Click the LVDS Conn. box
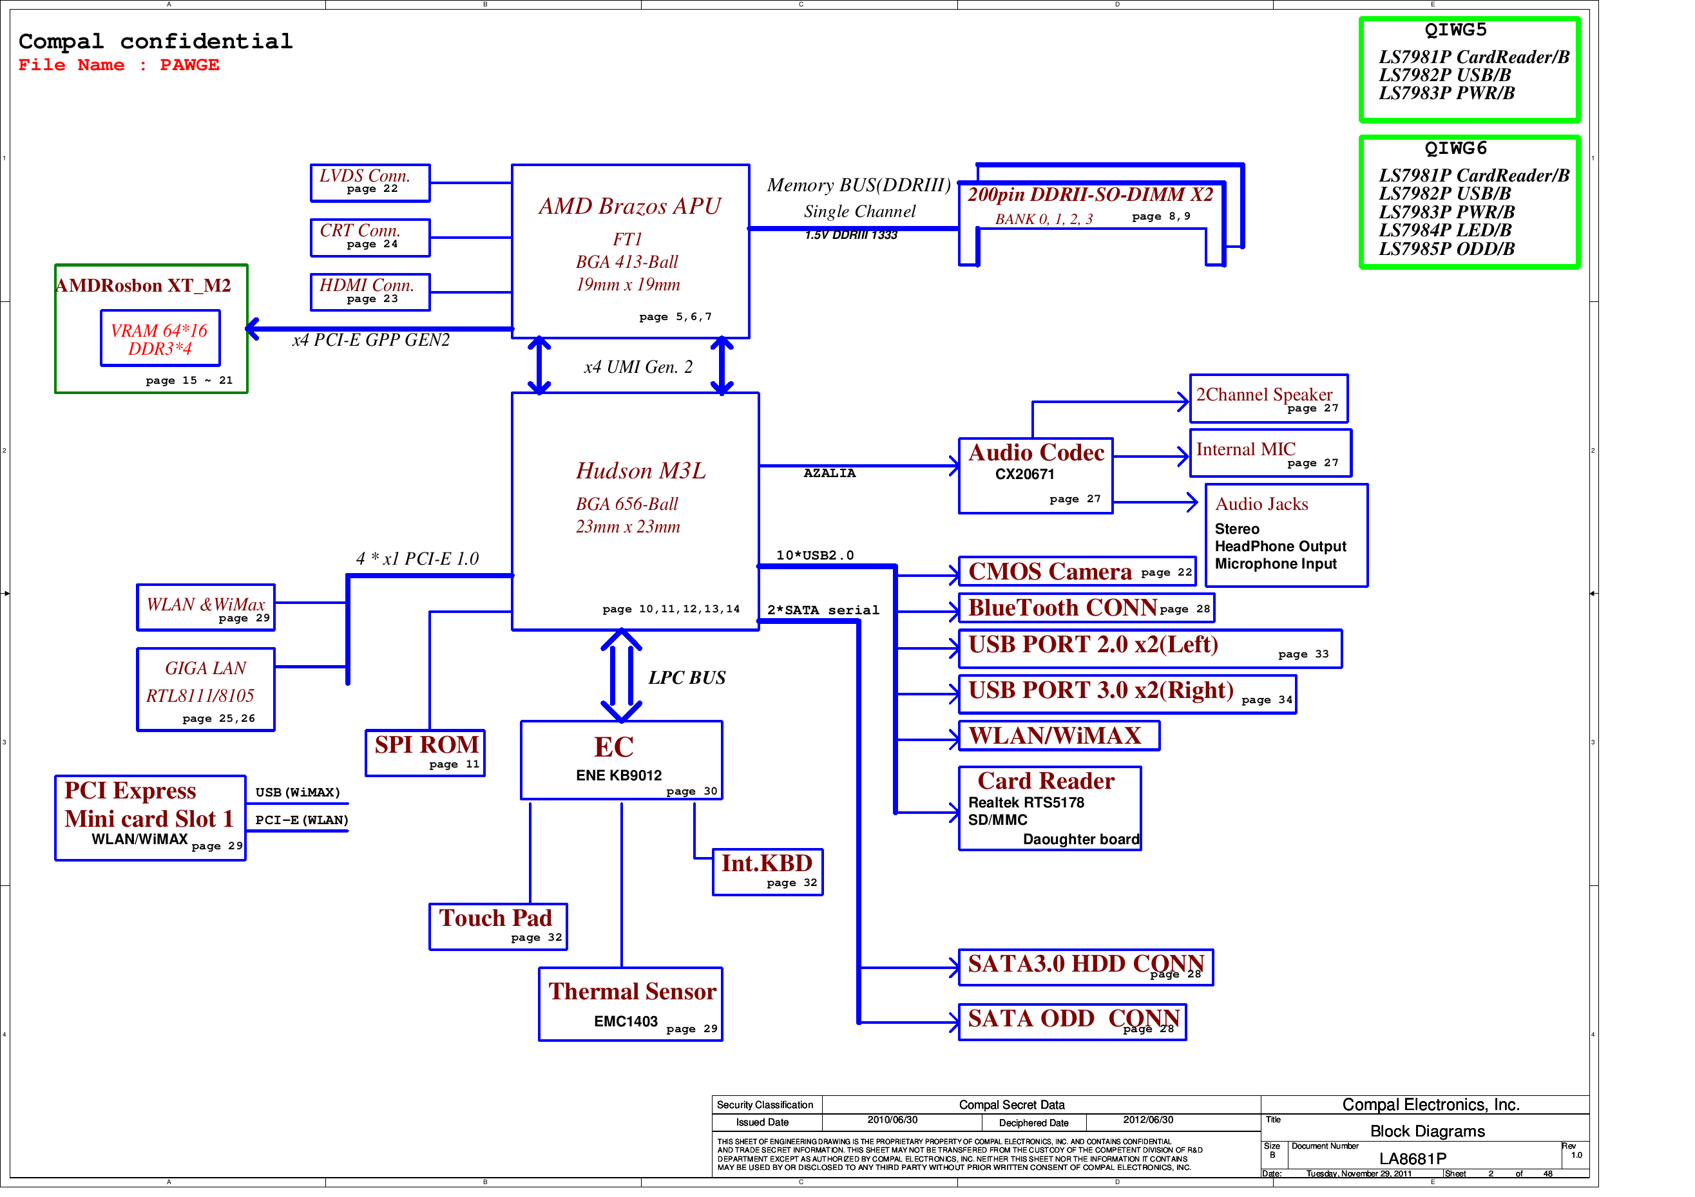tap(370, 183)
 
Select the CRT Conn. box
tap(370, 238)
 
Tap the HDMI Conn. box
tap(370, 292)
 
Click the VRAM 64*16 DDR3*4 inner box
tap(160, 339)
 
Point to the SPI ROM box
tap(426, 753)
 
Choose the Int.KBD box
tap(768, 872)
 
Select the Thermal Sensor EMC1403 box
tap(631, 1004)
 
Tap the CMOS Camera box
tap(1077, 572)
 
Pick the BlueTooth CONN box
tap(1086, 608)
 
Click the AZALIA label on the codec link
tap(830, 474)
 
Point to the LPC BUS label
tap(687, 678)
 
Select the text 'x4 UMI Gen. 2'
tap(638, 368)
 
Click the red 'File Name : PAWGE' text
tap(119, 65)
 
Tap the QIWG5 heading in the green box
tap(1455, 30)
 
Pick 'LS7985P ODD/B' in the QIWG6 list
tap(1446, 249)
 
